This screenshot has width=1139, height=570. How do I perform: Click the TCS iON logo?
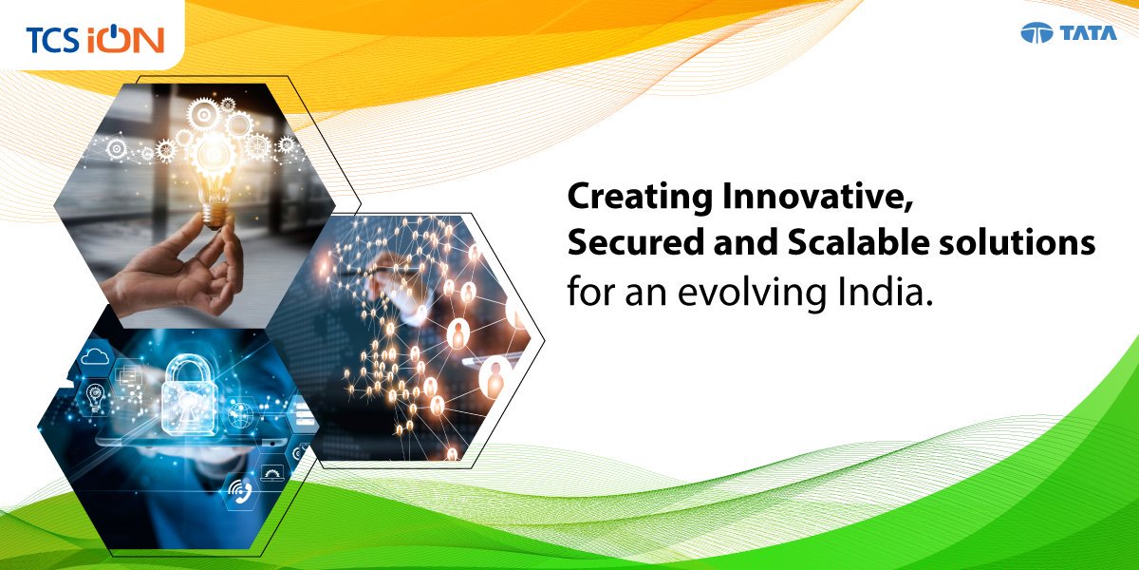[x=95, y=39]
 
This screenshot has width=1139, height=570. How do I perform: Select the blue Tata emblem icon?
[x=1037, y=34]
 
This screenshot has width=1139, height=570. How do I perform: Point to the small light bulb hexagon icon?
[x=96, y=394]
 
